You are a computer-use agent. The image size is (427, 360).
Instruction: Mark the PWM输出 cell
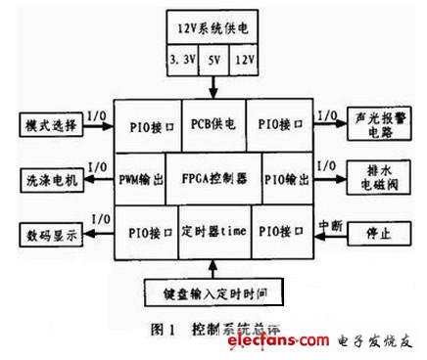pos(140,181)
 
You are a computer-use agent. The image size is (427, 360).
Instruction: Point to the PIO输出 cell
pos(277,181)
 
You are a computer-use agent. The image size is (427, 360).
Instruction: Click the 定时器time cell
pos(213,234)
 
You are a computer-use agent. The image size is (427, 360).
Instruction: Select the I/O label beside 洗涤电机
pos(98,169)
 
